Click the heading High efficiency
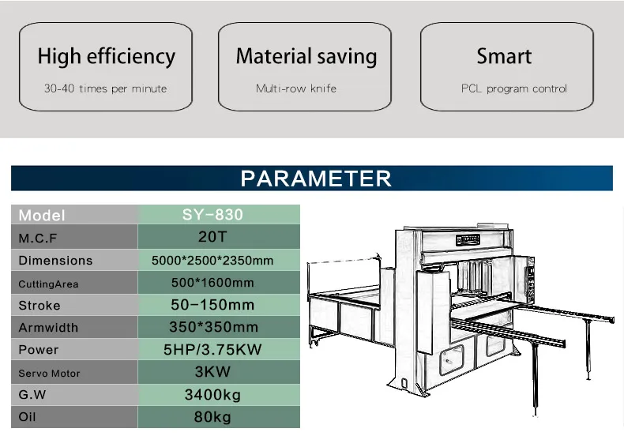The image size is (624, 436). (x=107, y=56)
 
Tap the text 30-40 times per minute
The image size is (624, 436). (x=106, y=88)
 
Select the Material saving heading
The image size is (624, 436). (x=306, y=56)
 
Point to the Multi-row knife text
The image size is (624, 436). (x=296, y=88)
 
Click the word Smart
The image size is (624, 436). (x=504, y=56)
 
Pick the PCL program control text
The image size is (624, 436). (x=513, y=88)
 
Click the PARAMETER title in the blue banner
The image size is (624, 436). (x=316, y=179)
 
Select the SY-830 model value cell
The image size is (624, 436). (x=219, y=214)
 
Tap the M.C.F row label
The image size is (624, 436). (x=38, y=239)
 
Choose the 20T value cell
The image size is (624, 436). (x=219, y=237)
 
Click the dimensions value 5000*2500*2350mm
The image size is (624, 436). (x=212, y=261)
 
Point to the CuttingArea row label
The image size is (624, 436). (x=48, y=284)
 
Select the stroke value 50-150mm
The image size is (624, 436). (x=212, y=305)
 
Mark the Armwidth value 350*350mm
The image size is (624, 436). (x=214, y=327)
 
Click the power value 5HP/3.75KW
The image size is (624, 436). (x=212, y=349)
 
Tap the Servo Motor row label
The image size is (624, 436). (x=49, y=373)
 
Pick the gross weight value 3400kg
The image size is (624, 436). (x=212, y=395)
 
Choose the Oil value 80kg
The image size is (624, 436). (x=212, y=417)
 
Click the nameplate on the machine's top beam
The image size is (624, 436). (x=468, y=239)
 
